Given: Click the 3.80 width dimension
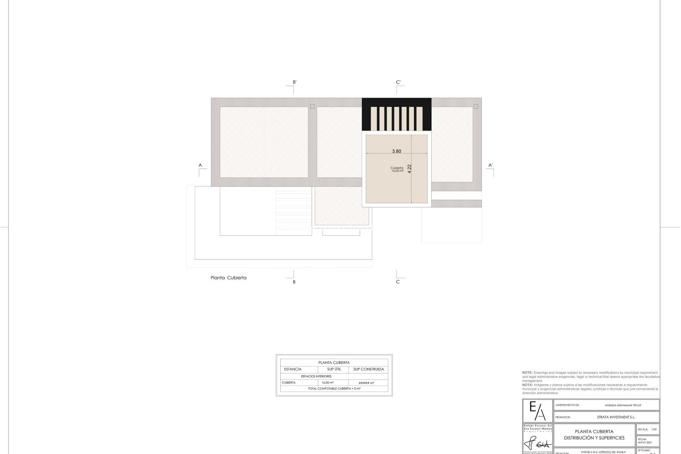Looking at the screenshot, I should (397, 151).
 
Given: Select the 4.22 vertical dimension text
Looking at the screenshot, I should (410, 168).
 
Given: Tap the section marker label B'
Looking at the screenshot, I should (294, 82).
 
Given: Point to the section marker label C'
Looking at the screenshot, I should (398, 82).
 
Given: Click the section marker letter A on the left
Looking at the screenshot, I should (200, 165).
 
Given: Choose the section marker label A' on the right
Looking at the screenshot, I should (491, 165).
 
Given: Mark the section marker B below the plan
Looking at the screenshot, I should (294, 282).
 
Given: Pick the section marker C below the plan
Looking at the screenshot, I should (398, 282).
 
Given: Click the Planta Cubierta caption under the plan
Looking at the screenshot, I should (228, 278).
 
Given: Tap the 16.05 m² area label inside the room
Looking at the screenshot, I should (397, 171).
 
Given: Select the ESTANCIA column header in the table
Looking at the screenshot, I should (293, 369).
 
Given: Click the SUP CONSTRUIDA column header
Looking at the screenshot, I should (369, 369).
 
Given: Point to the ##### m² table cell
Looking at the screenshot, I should (366, 383).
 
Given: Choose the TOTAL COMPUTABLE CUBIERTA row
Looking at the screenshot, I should (334, 389).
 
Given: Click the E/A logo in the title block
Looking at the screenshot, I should (537, 411).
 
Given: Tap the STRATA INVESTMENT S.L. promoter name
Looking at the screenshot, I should (616, 417).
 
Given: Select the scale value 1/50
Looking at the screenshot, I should (654, 430).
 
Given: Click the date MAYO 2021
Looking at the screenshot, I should (644, 442).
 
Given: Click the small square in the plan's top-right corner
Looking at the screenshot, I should (476, 106).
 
